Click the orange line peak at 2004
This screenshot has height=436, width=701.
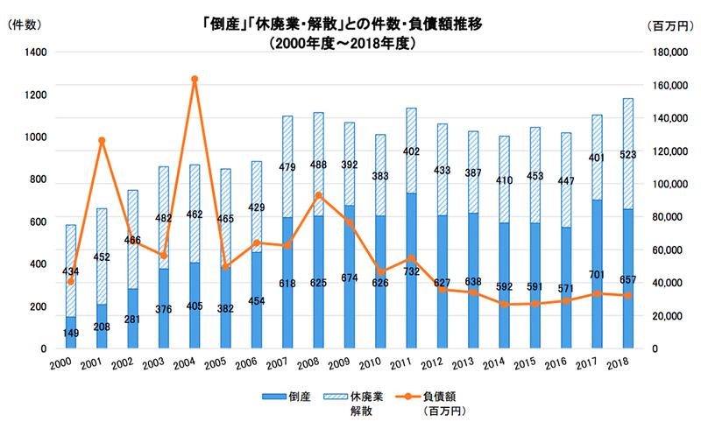click(x=195, y=80)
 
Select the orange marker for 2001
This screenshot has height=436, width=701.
click(x=102, y=141)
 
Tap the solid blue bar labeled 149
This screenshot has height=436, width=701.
click(x=71, y=333)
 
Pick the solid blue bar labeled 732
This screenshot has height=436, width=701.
click(x=411, y=271)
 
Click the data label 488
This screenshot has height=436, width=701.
click(x=318, y=164)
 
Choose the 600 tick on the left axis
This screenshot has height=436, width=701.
click(x=39, y=222)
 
